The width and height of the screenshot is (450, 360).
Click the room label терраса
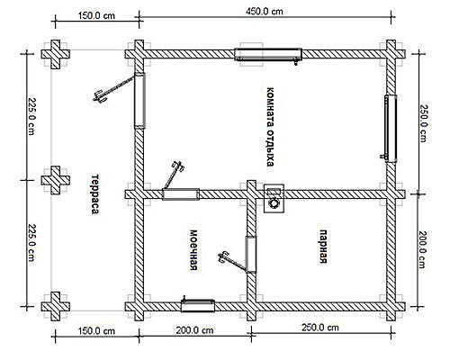click(94, 194)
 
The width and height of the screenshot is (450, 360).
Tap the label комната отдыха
click(270, 127)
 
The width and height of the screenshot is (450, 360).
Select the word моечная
click(193, 250)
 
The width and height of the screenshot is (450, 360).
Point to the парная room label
click(322, 247)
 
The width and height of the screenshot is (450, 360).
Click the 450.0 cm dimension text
click(265, 12)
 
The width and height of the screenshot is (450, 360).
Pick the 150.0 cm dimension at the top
click(96, 15)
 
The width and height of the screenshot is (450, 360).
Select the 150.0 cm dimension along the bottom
click(96, 331)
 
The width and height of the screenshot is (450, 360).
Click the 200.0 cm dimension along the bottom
click(194, 330)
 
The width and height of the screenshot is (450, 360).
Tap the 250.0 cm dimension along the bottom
click(320, 327)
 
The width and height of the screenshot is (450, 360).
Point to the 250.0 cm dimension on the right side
click(423, 123)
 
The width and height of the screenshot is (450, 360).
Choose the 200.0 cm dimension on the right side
click(422, 249)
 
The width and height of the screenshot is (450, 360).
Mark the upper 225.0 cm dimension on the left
click(31, 116)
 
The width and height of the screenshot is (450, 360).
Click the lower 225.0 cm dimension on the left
click(31, 243)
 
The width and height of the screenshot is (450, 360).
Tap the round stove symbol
click(274, 203)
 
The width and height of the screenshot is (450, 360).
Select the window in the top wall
click(268, 54)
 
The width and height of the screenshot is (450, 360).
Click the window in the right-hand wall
click(391, 129)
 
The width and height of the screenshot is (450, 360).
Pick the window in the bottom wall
click(198, 306)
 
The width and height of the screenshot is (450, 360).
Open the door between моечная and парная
click(251, 254)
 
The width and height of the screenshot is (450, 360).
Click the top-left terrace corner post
click(55, 54)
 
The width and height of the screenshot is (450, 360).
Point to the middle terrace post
click(55, 180)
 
